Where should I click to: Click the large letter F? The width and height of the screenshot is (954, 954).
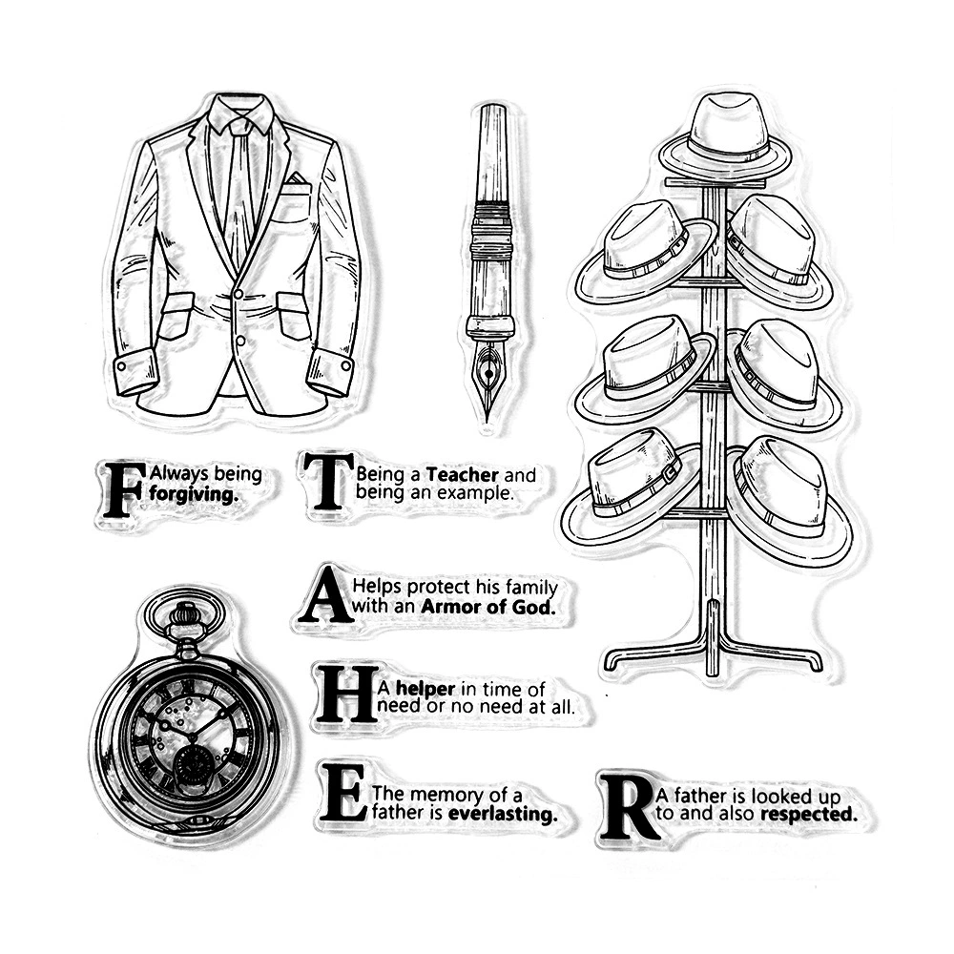[x=124, y=489]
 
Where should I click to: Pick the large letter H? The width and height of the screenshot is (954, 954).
[x=345, y=695]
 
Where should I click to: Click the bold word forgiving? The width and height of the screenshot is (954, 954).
[x=192, y=493]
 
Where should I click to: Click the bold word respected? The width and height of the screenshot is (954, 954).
[x=809, y=814]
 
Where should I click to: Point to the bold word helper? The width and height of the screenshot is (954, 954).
[x=425, y=689]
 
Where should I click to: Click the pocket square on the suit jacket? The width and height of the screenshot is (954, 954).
[x=297, y=178]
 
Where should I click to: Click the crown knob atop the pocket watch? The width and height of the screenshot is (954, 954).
[x=184, y=615]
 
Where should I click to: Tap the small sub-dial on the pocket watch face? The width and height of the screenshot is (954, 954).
[x=193, y=765]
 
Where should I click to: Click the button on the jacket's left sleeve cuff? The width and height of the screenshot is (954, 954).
[x=121, y=367]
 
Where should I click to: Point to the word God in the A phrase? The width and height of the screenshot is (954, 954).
[x=538, y=607]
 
